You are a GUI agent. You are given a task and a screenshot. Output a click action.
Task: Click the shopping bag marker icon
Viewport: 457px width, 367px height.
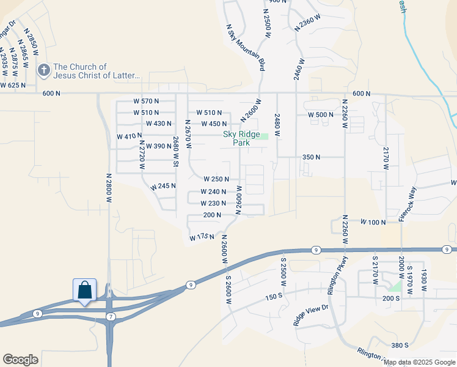click(x=84, y=290)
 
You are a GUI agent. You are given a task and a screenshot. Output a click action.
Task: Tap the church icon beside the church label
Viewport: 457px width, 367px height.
click(x=44, y=70)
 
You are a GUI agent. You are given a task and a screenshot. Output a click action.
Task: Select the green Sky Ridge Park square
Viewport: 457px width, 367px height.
click(x=264, y=136)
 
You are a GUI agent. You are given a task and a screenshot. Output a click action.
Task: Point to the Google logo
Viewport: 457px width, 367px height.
click(x=20, y=360)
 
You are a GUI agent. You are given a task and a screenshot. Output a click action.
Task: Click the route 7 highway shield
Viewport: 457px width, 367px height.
click(x=111, y=316)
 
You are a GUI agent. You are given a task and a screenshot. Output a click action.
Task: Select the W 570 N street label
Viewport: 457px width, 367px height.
click(x=146, y=101)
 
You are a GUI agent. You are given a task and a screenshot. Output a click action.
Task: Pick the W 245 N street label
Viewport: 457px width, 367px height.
click(x=163, y=185)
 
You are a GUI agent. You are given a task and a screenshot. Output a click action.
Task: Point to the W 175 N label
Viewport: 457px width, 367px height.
click(x=203, y=236)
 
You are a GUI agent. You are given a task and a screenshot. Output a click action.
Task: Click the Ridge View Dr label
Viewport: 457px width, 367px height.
click(x=312, y=313)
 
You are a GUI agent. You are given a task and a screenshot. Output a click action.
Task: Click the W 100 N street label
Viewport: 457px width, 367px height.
click(x=373, y=221)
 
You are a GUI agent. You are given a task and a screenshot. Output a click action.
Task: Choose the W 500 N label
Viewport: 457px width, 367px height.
click(x=321, y=115)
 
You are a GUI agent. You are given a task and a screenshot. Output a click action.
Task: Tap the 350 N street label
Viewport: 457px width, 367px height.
click(x=312, y=157)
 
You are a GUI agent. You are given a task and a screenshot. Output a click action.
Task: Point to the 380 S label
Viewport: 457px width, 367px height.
click(x=400, y=345)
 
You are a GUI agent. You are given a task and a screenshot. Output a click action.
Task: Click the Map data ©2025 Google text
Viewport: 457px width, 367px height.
click(x=420, y=362)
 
